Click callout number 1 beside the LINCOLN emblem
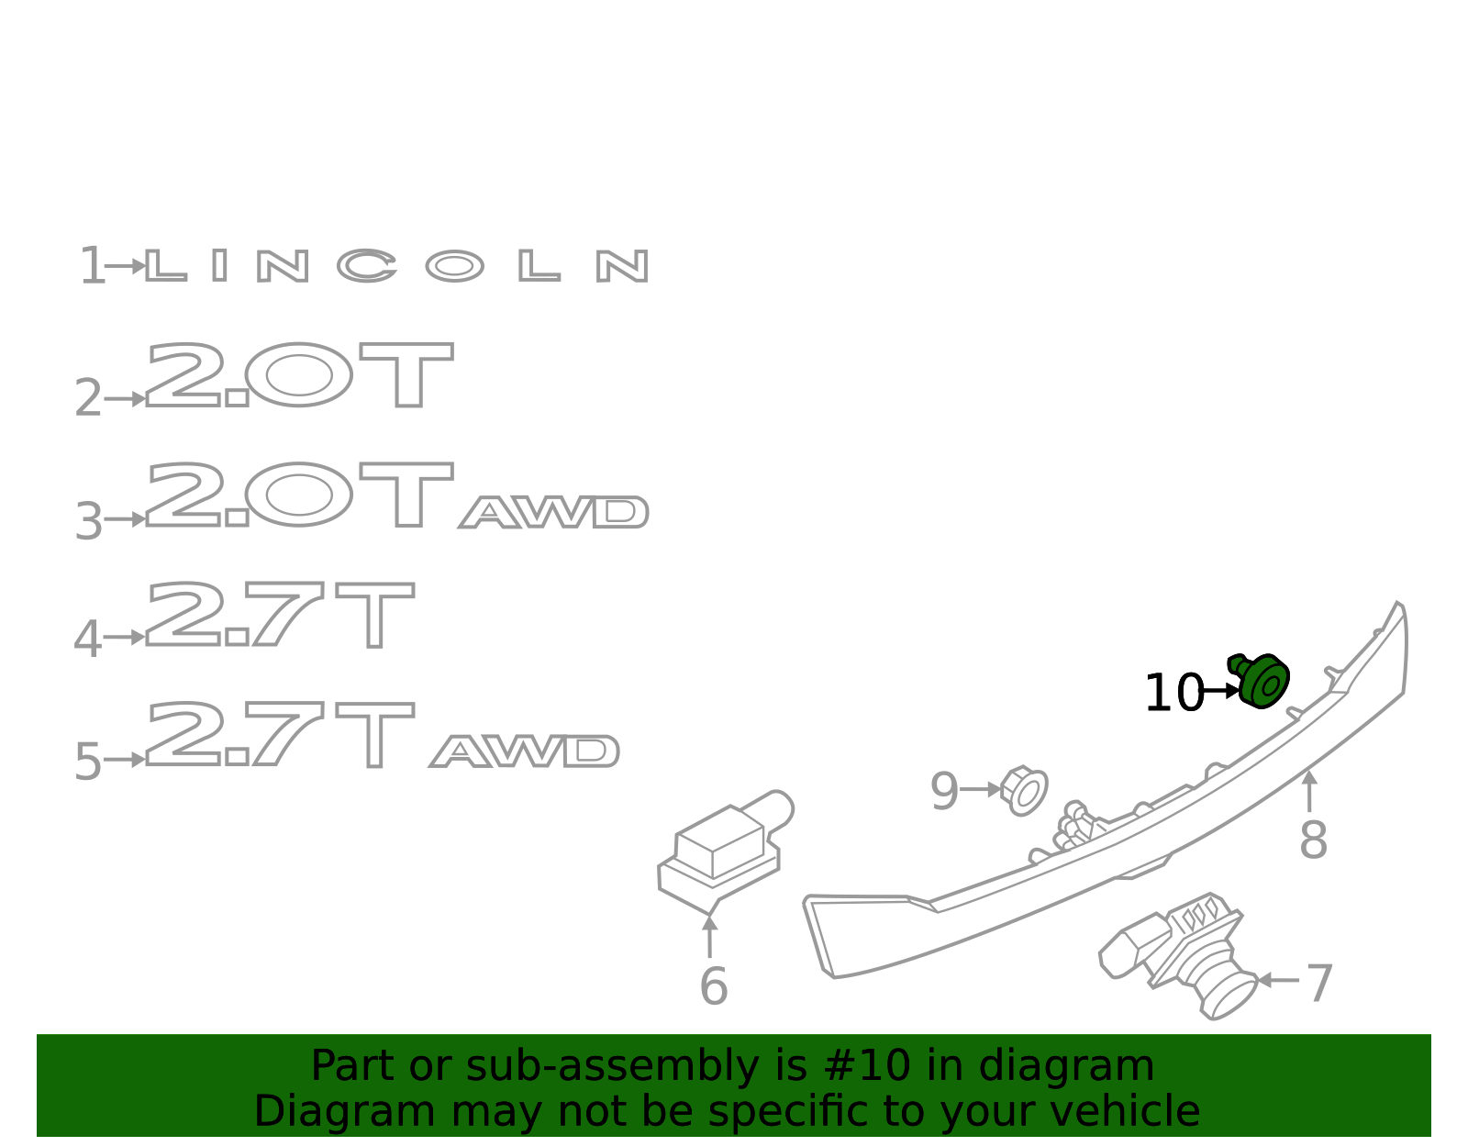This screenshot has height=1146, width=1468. click(x=93, y=265)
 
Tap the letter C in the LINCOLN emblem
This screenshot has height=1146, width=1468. click(x=367, y=265)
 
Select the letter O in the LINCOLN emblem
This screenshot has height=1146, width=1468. click(x=454, y=265)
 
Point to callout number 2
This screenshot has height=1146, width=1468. click(x=88, y=398)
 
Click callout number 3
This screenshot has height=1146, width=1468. click(x=88, y=520)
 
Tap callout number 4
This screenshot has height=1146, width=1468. click(x=88, y=639)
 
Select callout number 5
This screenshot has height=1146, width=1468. click(x=88, y=761)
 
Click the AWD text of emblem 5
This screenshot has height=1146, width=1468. click(x=524, y=751)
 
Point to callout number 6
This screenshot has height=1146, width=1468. click(x=714, y=985)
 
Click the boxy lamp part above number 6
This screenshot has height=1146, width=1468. click(x=723, y=851)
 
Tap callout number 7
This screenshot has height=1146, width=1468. click(x=1319, y=983)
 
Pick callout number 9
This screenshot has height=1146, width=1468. click(x=944, y=791)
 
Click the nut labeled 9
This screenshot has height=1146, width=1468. click(x=1024, y=790)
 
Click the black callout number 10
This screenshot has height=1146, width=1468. click(x=1174, y=692)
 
